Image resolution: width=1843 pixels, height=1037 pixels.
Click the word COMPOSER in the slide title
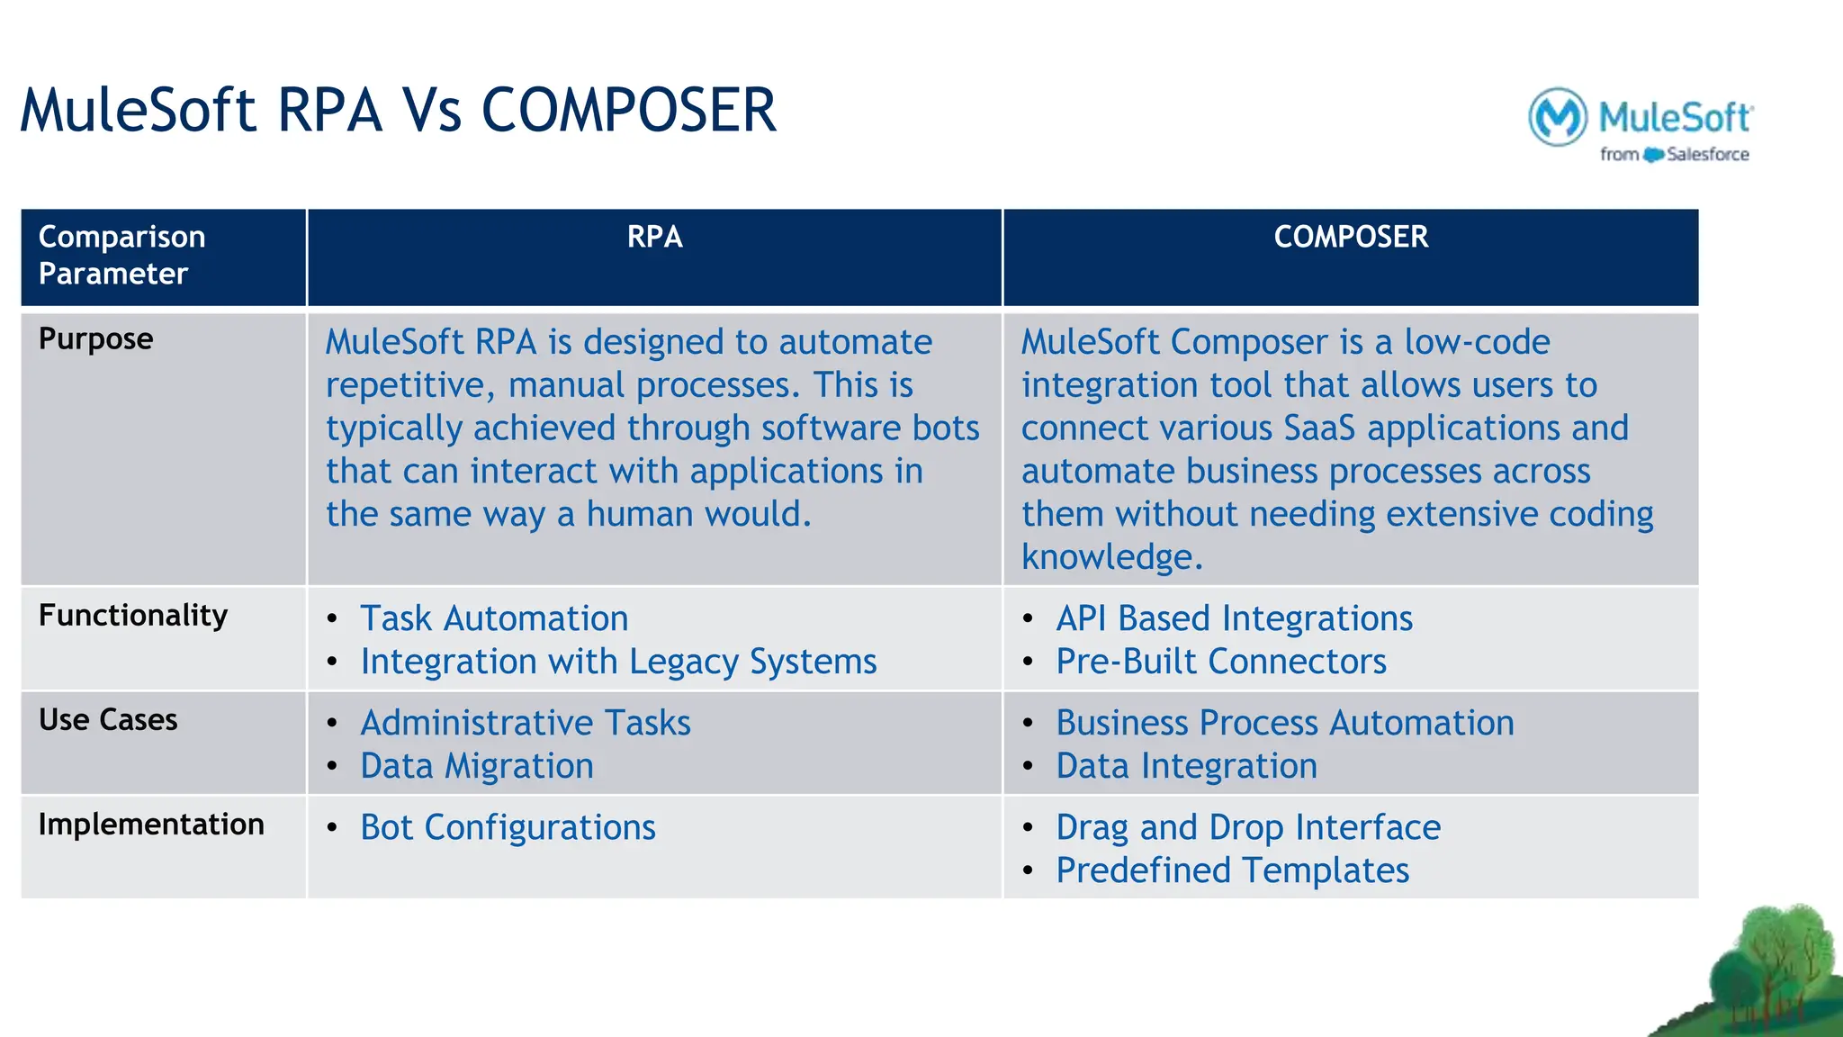pyautogui.click(x=628, y=111)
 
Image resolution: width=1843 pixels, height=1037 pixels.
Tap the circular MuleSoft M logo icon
pyautogui.click(x=1558, y=117)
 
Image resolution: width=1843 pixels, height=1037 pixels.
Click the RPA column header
pyautogui.click(x=654, y=237)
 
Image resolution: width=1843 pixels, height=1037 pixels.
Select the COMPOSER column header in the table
pyautogui.click(x=1350, y=237)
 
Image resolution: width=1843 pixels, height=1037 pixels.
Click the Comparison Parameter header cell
pyautogui.click(x=121, y=255)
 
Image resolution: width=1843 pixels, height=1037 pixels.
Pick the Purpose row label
pyautogui.click(x=95, y=339)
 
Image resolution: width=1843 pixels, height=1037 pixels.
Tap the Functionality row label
pyautogui.click(x=133, y=616)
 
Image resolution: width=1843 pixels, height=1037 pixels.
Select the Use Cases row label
pyautogui.click(x=108, y=720)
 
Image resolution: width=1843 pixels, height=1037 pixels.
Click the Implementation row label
pyautogui.click(x=151, y=825)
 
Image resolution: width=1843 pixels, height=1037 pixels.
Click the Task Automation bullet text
pyautogui.click(x=494, y=619)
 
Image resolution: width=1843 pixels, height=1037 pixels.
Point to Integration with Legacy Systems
pyautogui.click(x=618, y=663)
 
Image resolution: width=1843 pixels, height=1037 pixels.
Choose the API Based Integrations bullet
pyautogui.click(x=1234, y=619)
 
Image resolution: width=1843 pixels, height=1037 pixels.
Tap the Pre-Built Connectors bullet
pyautogui.click(x=1221, y=663)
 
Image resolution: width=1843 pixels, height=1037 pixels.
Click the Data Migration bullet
pyautogui.click(x=477, y=767)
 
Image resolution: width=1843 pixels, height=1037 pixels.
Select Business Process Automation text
pyautogui.click(x=1285, y=724)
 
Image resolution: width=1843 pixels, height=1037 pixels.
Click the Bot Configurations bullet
pyautogui.click(x=508, y=828)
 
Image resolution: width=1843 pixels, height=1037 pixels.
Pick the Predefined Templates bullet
pyautogui.click(x=1232, y=871)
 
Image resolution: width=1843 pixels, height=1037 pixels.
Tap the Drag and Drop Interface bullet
pyautogui.click(x=1248, y=828)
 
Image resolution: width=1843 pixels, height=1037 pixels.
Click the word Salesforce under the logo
pyautogui.click(x=1707, y=155)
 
